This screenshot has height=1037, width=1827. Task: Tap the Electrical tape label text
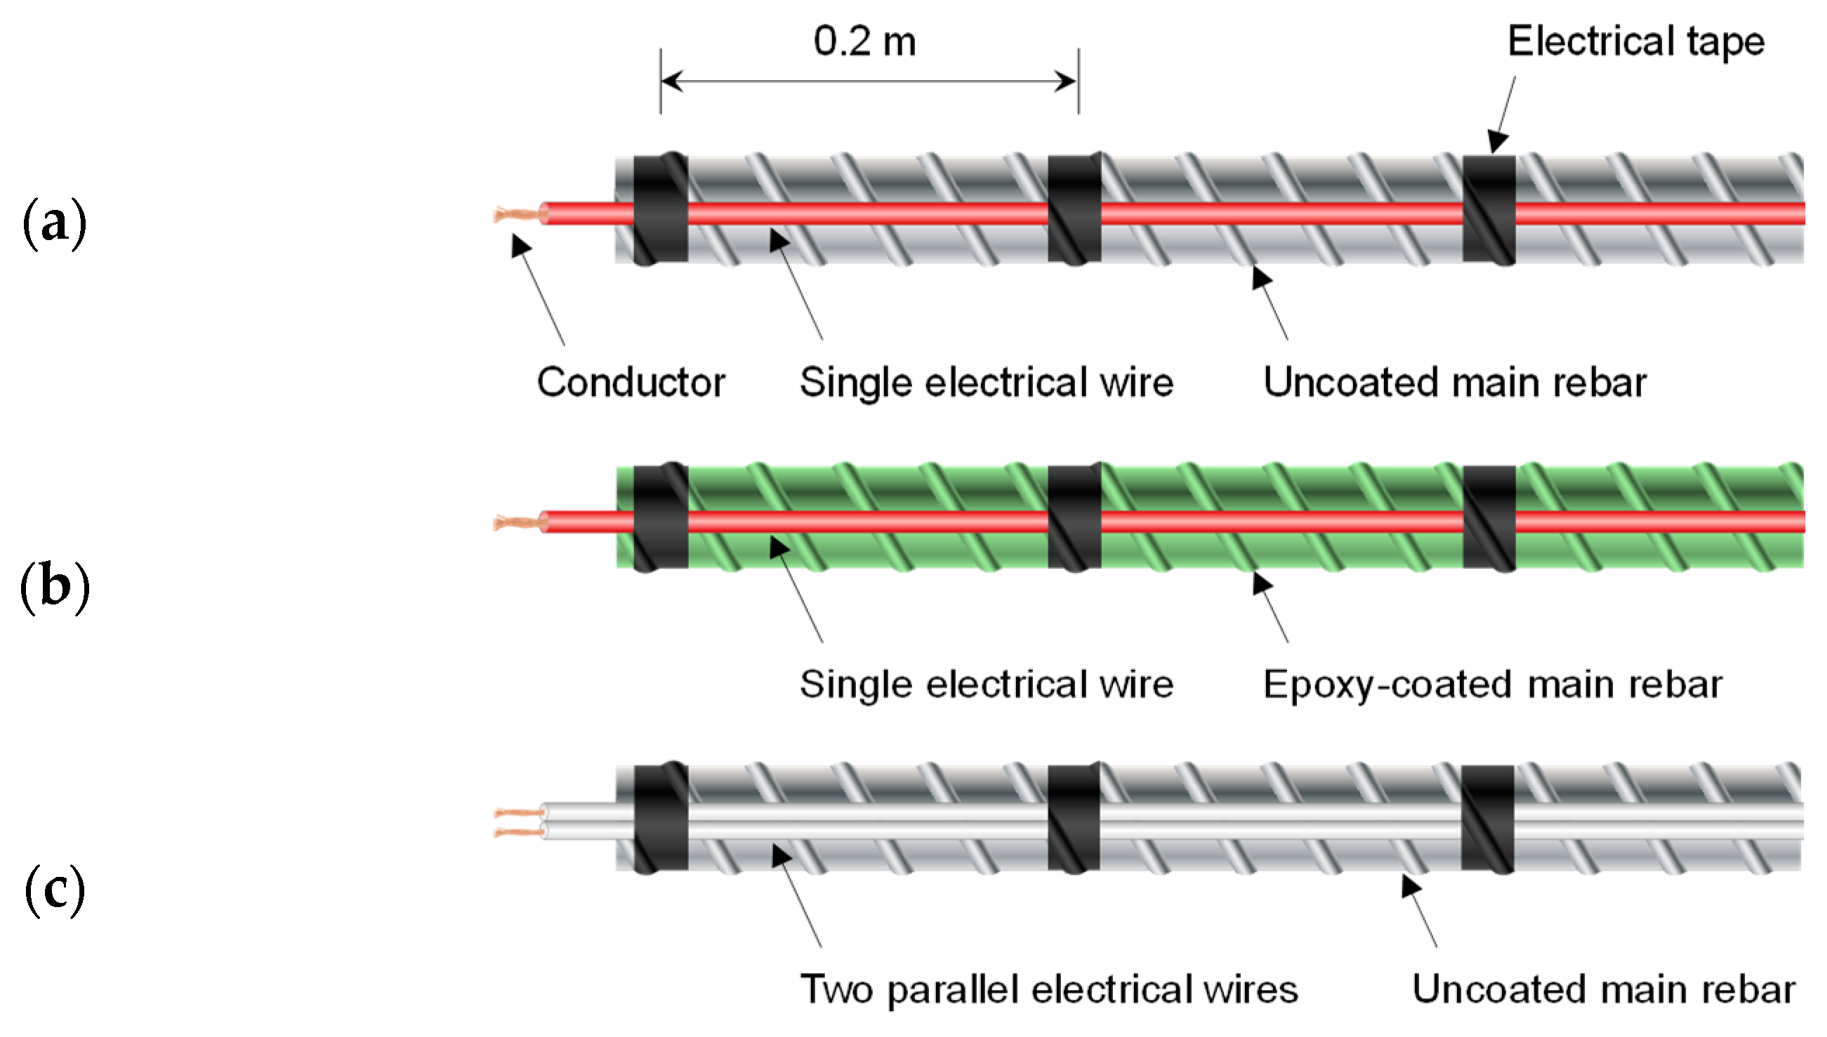(x=1635, y=41)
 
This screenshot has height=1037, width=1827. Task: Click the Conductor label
(x=631, y=383)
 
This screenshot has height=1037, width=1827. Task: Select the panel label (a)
(x=54, y=224)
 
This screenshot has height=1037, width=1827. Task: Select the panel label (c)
(x=54, y=890)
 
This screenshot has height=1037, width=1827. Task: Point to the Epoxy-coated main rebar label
(x=1492, y=685)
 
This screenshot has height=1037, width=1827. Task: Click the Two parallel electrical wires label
(x=1048, y=989)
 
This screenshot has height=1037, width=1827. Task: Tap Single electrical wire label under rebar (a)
(x=986, y=383)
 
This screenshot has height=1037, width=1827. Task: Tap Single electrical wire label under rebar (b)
(x=986, y=685)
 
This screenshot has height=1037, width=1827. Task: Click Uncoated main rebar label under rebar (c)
(x=1602, y=989)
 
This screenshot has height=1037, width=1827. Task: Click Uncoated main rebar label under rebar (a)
(x=1454, y=383)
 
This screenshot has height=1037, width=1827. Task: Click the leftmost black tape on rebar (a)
(x=660, y=209)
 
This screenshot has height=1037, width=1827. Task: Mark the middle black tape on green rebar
(x=1074, y=517)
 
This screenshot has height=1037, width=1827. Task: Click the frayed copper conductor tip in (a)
(x=514, y=213)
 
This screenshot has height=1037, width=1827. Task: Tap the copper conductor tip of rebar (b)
(x=514, y=523)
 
